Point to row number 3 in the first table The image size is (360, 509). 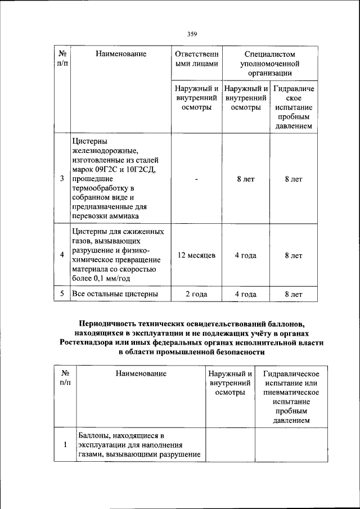[x=62, y=179]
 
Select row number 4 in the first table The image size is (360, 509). [x=62, y=255]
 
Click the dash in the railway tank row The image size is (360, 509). [x=196, y=179]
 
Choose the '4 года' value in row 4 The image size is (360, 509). [x=246, y=255]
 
